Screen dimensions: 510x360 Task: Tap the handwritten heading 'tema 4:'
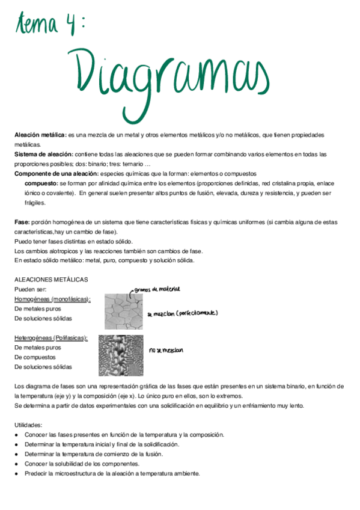click(x=51, y=25)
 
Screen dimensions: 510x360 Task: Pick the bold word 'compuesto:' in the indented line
click(x=41, y=183)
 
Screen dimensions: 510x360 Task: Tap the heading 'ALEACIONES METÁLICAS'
click(x=51, y=280)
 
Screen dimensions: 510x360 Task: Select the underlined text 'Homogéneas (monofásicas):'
click(x=52, y=299)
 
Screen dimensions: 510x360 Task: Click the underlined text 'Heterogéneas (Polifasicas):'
click(x=51, y=338)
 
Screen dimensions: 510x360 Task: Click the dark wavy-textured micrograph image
click(x=121, y=355)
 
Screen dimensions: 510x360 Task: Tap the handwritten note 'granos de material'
click(x=157, y=290)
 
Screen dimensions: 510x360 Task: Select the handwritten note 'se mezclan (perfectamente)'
click(x=182, y=313)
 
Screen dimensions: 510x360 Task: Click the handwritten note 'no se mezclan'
click(x=166, y=349)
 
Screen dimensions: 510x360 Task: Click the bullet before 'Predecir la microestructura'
click(x=17, y=473)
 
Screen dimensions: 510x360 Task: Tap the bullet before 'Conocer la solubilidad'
click(x=17, y=464)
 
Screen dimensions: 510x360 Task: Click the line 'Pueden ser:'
click(x=29, y=289)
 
